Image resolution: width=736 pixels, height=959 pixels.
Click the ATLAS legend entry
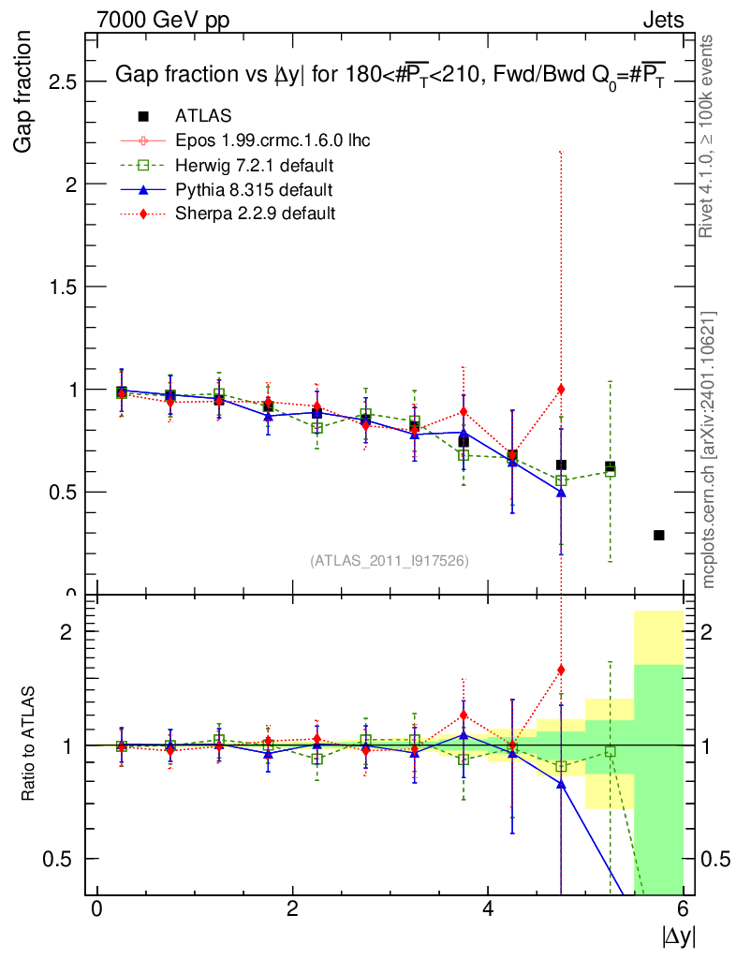click(x=203, y=116)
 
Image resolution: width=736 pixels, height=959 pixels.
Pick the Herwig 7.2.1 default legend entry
click(x=255, y=166)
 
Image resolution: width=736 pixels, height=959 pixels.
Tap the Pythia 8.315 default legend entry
click(x=254, y=190)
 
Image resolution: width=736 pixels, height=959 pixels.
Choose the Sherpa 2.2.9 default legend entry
click(x=255, y=214)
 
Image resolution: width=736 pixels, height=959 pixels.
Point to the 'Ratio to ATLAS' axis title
click(x=29, y=745)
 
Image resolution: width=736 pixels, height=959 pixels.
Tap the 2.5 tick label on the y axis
click(x=58, y=82)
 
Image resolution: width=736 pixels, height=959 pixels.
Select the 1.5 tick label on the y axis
click(x=58, y=287)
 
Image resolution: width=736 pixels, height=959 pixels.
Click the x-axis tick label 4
click(x=488, y=909)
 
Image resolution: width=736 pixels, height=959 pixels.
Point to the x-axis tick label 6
click(x=683, y=909)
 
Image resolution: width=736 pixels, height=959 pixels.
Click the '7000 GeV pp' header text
click(x=163, y=20)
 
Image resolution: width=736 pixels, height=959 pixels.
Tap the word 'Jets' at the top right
click(x=662, y=20)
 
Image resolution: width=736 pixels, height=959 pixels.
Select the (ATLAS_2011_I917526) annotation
click(x=389, y=560)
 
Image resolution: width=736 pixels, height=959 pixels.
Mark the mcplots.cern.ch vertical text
click(x=709, y=450)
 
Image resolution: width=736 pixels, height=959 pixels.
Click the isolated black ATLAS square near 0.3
click(x=659, y=535)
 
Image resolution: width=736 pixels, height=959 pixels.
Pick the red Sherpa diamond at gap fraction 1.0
click(x=561, y=389)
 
